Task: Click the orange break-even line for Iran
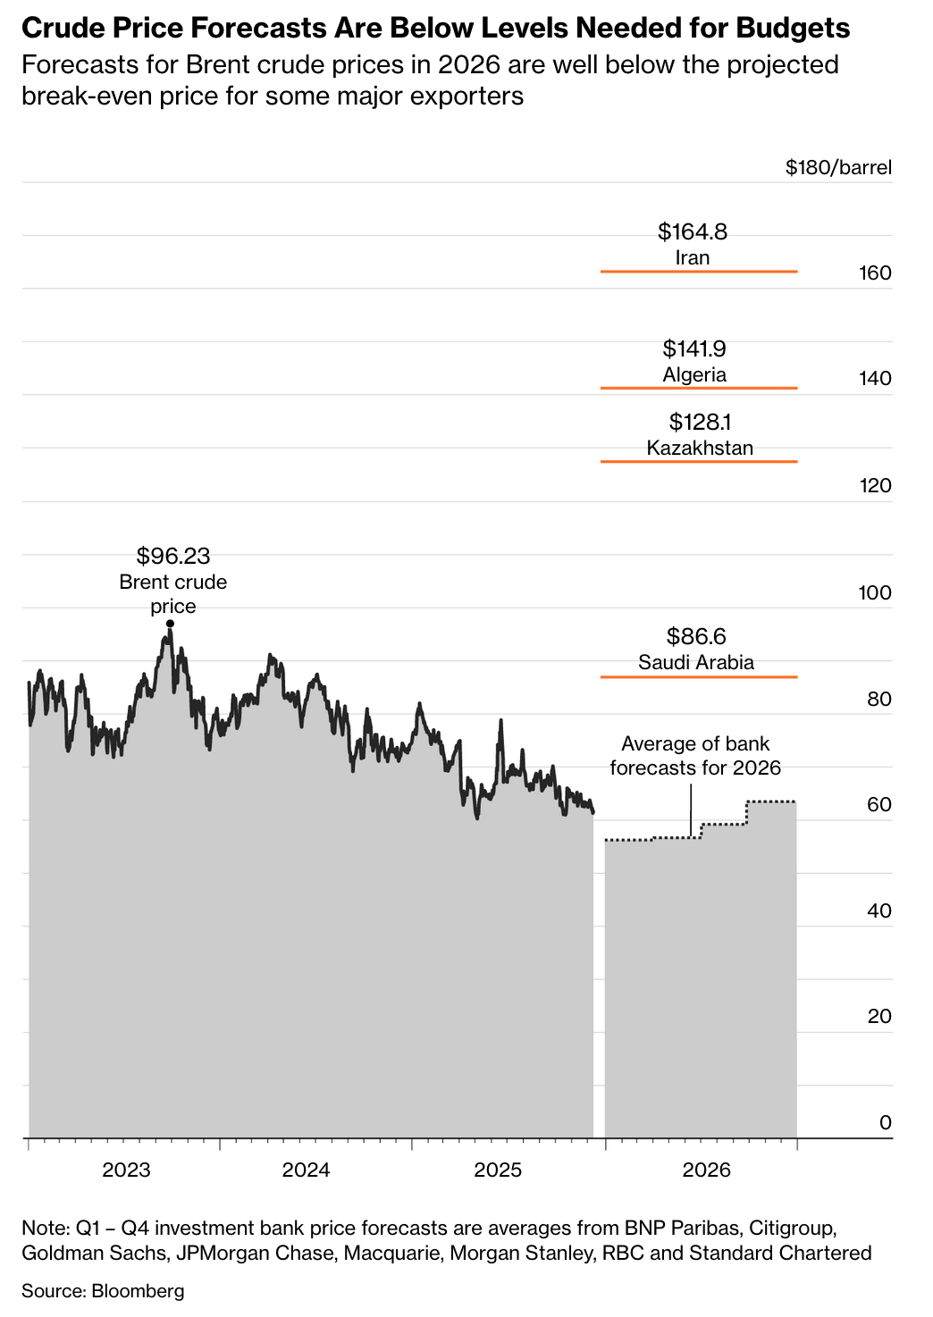(x=698, y=271)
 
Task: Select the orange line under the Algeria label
(x=698, y=388)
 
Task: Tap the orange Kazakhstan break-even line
(x=698, y=461)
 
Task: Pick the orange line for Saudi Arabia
(x=698, y=677)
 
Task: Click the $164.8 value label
(x=693, y=232)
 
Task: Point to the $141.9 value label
(x=694, y=348)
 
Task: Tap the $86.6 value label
(x=696, y=636)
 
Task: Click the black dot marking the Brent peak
(x=170, y=624)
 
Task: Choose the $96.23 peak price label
(x=173, y=557)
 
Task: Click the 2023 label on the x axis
(x=126, y=1170)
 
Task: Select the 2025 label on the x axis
(x=498, y=1170)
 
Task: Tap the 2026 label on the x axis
(x=706, y=1170)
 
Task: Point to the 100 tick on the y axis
(x=875, y=592)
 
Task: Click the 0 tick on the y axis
(x=885, y=1122)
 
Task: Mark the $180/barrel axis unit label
(x=838, y=168)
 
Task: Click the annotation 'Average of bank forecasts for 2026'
(x=694, y=755)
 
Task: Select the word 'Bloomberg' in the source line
(x=138, y=1291)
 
